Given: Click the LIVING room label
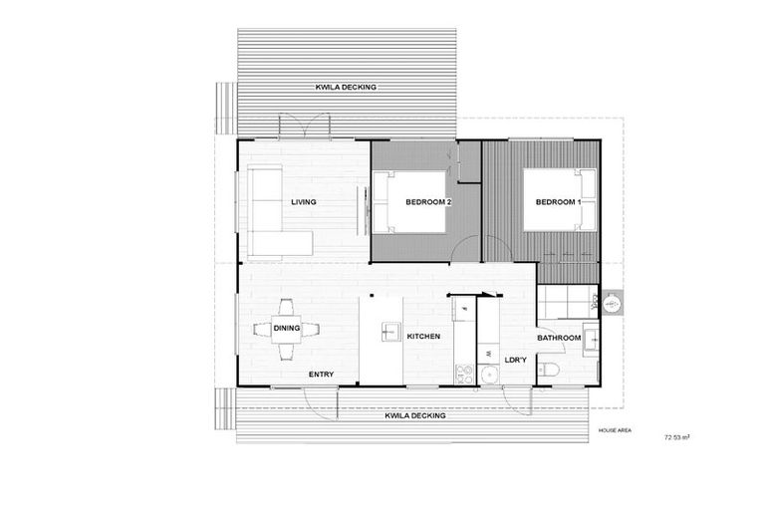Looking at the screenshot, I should (x=304, y=202).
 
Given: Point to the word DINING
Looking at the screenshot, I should (x=287, y=328).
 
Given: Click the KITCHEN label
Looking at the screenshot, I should (x=423, y=337).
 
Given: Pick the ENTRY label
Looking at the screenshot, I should (x=321, y=375).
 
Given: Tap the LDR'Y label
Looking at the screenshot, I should (x=515, y=360).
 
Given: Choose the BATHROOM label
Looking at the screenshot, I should (x=559, y=338).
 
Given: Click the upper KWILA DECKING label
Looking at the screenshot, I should (x=347, y=88).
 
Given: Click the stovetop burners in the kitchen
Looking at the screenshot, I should (x=463, y=374).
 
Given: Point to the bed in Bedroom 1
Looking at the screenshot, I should (x=560, y=200).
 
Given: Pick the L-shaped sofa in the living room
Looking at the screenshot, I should (x=271, y=214).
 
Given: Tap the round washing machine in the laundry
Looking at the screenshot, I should (x=489, y=375).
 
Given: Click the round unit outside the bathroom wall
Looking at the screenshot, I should (x=613, y=301).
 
